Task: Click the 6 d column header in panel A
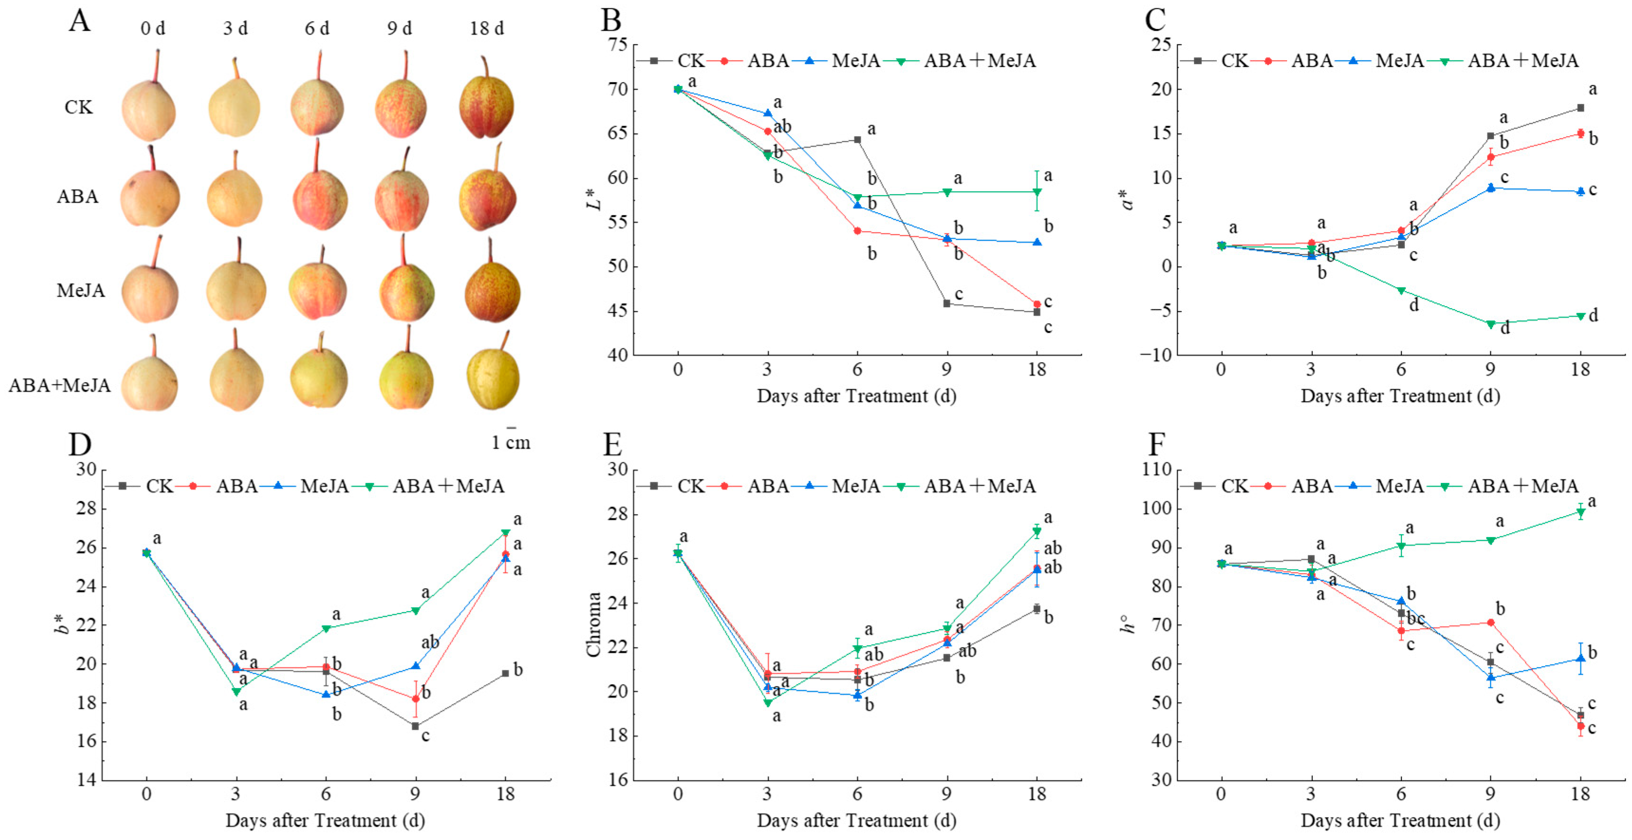click(x=317, y=28)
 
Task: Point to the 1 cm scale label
click(x=510, y=442)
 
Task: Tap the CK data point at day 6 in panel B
click(x=858, y=140)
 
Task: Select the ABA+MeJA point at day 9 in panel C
click(x=1491, y=324)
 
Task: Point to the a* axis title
click(x=1127, y=200)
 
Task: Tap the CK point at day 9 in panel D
click(x=416, y=726)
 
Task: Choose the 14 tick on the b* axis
click(x=86, y=780)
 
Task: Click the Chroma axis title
click(x=593, y=624)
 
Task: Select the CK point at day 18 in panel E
click(x=1037, y=609)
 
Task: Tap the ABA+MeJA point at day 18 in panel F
click(x=1581, y=512)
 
